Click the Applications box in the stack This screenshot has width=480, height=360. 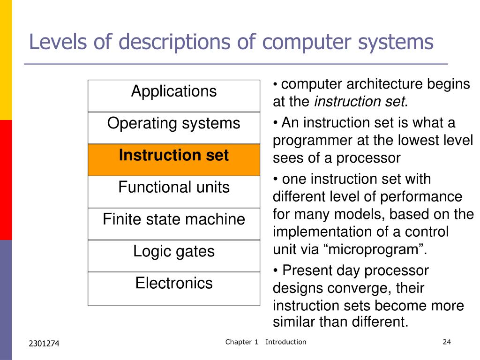pyautogui.click(x=173, y=96)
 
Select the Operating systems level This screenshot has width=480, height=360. pyautogui.click(x=173, y=127)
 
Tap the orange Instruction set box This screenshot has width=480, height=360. pyautogui.click(x=173, y=159)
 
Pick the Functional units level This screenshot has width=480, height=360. pyautogui.click(x=173, y=191)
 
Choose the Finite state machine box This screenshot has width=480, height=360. pyautogui.click(x=173, y=223)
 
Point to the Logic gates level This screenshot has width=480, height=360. pyautogui.click(x=173, y=255)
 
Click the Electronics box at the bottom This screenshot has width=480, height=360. pyautogui.click(x=173, y=288)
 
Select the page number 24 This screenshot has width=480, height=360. pyautogui.click(x=446, y=342)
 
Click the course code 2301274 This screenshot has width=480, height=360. pyautogui.click(x=44, y=344)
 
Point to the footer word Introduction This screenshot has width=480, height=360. pyautogui.click(x=285, y=342)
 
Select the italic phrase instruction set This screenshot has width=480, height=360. pyautogui.click(x=359, y=102)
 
